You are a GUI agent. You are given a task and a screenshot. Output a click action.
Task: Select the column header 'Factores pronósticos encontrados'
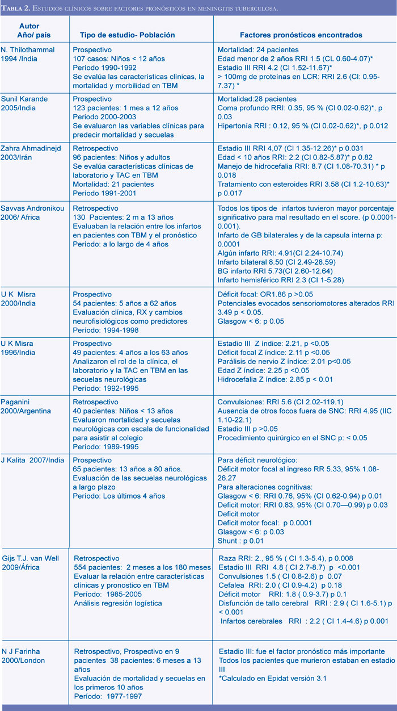(x=305, y=35)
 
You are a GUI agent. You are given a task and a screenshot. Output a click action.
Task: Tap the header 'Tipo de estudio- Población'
(x=123, y=35)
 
